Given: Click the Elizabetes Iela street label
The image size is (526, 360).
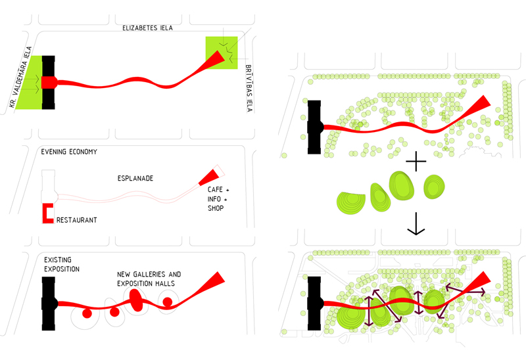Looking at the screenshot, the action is [147, 28].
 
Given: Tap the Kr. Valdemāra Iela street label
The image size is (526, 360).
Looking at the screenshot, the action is [20, 77].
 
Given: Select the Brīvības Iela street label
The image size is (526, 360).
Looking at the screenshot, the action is [249, 88].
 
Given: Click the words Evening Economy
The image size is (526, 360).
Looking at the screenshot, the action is [69, 152].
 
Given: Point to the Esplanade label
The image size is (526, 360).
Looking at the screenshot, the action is [135, 178].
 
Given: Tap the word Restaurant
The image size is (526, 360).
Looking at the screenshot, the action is [76, 220].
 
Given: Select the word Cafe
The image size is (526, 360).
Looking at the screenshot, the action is [215, 190].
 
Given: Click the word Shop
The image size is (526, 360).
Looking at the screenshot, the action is [216, 208].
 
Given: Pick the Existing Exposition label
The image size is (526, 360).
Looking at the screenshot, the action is [62, 265].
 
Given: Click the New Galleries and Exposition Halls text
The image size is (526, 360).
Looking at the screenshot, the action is [149, 279].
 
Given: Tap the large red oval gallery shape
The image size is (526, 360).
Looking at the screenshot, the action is [136, 300].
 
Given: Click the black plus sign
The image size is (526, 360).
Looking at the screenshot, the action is [416, 161].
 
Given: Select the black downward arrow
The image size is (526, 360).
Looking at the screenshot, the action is [416, 223].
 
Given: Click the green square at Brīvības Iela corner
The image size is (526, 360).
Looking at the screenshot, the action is [222, 53].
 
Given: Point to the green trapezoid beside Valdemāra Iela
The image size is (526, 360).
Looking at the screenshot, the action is [29, 83].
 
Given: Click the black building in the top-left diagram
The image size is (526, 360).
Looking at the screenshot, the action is [48, 83].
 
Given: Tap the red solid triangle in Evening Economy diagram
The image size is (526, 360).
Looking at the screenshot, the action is [208, 177].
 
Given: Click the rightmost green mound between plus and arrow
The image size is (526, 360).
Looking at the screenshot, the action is [434, 187].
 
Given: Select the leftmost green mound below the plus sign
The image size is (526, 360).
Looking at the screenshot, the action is [351, 203].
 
